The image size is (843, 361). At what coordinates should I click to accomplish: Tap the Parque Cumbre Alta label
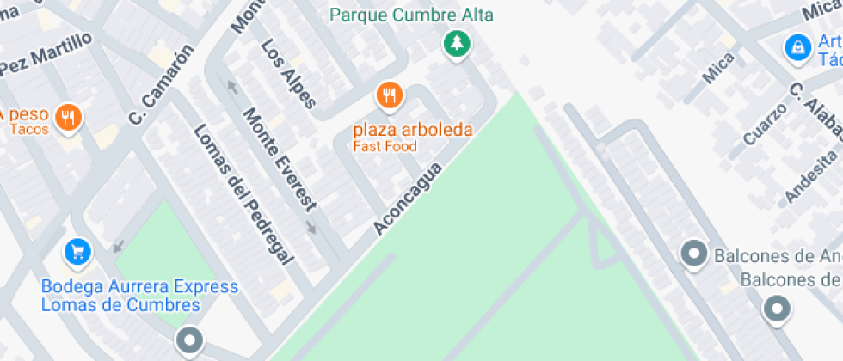[416, 15]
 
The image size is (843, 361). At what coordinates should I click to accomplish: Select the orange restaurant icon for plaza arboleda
[390, 95]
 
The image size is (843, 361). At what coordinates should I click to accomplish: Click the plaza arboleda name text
[414, 131]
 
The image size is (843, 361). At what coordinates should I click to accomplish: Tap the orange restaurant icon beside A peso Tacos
[68, 117]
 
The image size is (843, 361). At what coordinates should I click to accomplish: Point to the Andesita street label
[809, 176]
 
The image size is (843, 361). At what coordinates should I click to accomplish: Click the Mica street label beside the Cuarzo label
[718, 69]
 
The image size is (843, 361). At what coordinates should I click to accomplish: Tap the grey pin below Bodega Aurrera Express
[189, 340]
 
